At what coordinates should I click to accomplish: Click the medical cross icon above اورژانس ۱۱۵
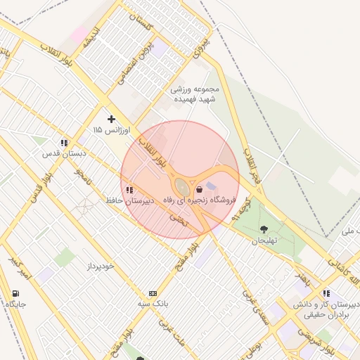(111, 119)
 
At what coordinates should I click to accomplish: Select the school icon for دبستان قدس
(64, 143)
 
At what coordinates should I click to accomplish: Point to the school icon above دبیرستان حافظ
(129, 190)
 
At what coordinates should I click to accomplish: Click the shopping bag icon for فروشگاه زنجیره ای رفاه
(199, 189)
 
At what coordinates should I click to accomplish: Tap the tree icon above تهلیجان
(264, 229)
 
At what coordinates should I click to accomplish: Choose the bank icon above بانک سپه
(153, 292)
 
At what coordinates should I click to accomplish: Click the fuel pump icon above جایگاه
(15, 293)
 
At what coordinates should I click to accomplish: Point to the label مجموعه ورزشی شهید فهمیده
(195, 94)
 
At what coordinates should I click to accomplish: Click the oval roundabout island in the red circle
(182, 187)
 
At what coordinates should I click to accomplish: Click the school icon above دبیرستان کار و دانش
(326, 293)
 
